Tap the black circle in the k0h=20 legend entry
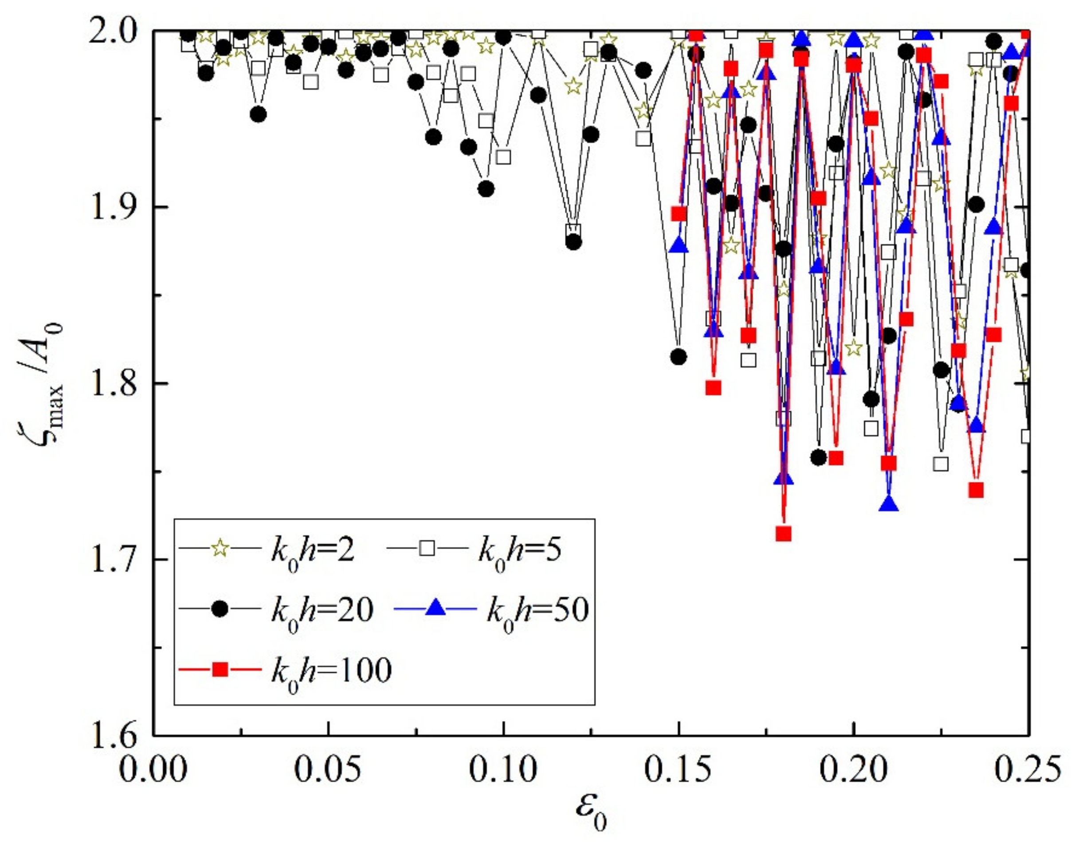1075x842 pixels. [220, 610]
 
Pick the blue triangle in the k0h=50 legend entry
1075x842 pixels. [435, 610]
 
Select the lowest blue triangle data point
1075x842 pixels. [889, 504]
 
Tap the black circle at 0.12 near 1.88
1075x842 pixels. [573, 242]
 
